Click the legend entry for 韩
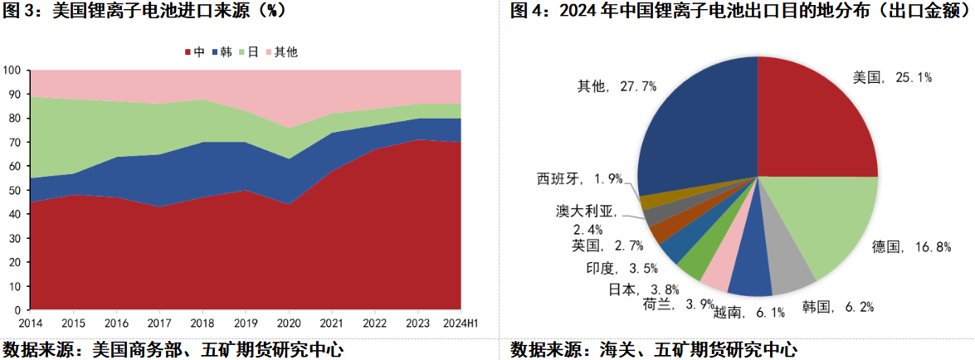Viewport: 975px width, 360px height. pos(222,52)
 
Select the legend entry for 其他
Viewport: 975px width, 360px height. pos(280,52)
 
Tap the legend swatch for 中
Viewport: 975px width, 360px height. pos(187,52)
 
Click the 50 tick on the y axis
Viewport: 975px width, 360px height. pos(16,190)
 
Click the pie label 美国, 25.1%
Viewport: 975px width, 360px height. pos(892,77)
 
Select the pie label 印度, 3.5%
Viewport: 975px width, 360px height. pos(611,267)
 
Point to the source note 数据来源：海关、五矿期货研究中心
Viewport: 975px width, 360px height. pos(656,349)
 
